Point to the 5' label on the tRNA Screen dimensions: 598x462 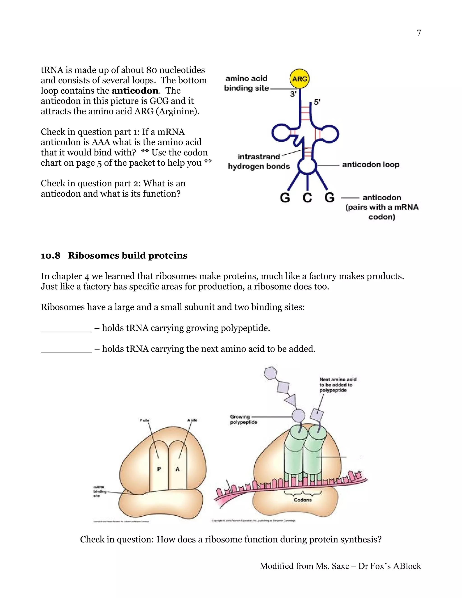317,102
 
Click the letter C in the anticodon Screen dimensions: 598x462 307,197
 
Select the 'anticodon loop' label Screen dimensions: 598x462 371,165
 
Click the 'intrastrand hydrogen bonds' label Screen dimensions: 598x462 259,162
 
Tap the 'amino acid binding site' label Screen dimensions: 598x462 246,83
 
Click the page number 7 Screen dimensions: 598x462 419,33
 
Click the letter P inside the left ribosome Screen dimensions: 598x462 159,469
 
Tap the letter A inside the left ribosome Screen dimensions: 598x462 177,469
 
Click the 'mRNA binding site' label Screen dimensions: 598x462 100,491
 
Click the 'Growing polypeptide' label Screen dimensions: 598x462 243,419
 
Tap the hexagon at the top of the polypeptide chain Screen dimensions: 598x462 270,373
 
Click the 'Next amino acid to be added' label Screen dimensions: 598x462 337,385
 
